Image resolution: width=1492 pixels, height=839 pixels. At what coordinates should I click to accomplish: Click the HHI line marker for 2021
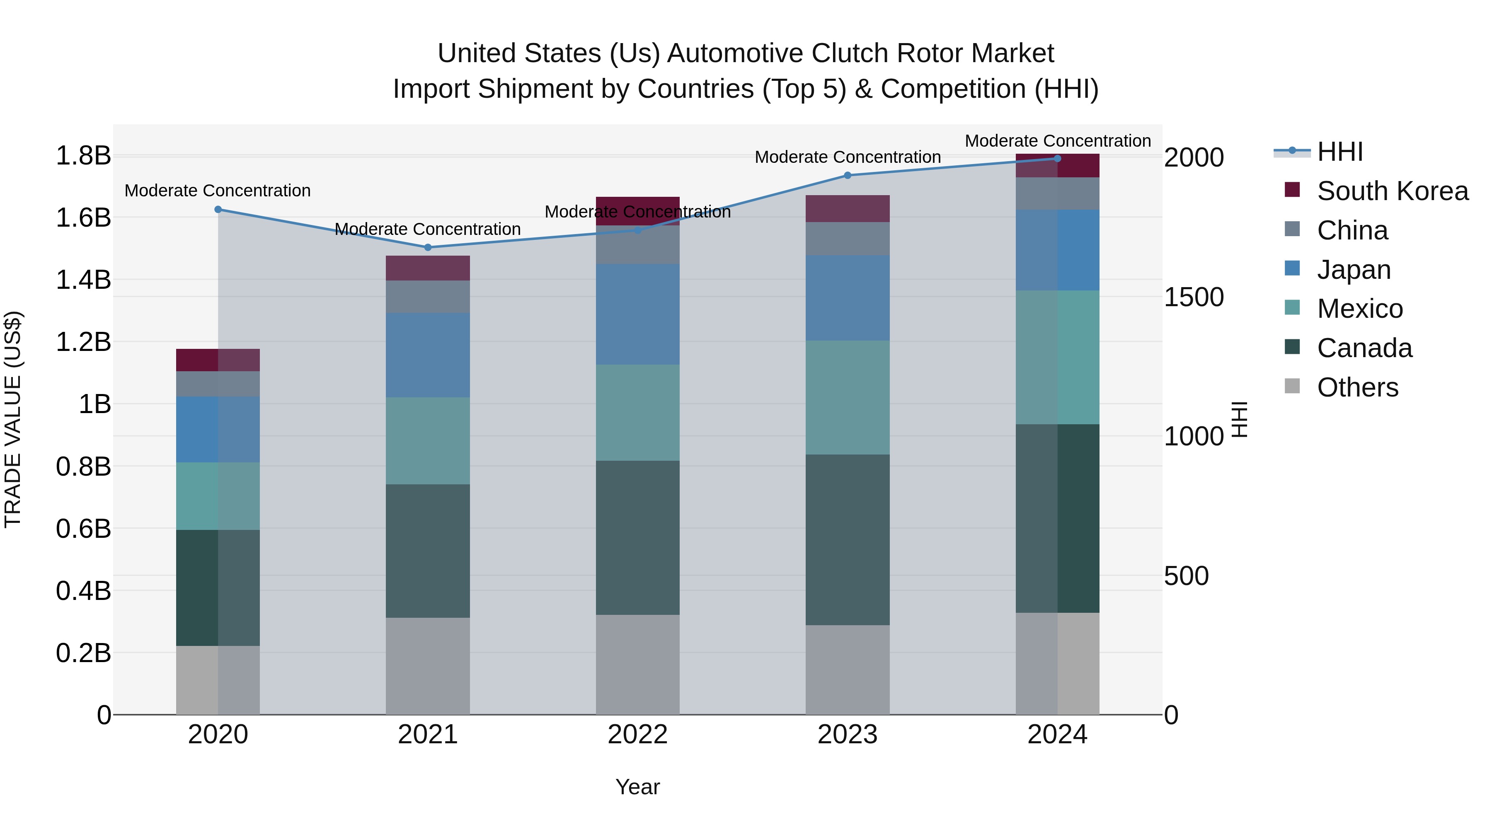(x=428, y=247)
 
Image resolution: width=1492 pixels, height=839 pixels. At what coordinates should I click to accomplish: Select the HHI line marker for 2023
(x=848, y=175)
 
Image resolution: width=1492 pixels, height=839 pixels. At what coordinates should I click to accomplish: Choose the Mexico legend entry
(x=1359, y=309)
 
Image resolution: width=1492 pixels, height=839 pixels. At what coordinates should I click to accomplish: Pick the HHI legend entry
(x=1339, y=152)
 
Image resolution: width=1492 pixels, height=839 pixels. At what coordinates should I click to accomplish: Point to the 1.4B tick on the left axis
(x=83, y=280)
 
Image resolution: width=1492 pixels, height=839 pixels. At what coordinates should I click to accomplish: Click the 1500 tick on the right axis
(x=1194, y=297)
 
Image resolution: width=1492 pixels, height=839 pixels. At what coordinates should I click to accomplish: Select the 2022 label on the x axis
(x=638, y=735)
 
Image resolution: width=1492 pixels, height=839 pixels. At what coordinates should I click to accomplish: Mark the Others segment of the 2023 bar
(x=848, y=670)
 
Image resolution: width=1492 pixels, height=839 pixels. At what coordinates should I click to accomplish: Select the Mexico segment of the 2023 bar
(x=848, y=397)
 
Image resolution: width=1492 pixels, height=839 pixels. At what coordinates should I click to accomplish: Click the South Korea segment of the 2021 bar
(x=428, y=268)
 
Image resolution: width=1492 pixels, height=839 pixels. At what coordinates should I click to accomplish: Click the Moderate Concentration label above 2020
(x=218, y=191)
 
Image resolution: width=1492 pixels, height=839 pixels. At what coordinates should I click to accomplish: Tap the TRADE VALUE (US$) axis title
(x=13, y=419)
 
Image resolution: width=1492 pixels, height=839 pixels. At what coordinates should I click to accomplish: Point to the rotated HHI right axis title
(x=1239, y=419)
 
